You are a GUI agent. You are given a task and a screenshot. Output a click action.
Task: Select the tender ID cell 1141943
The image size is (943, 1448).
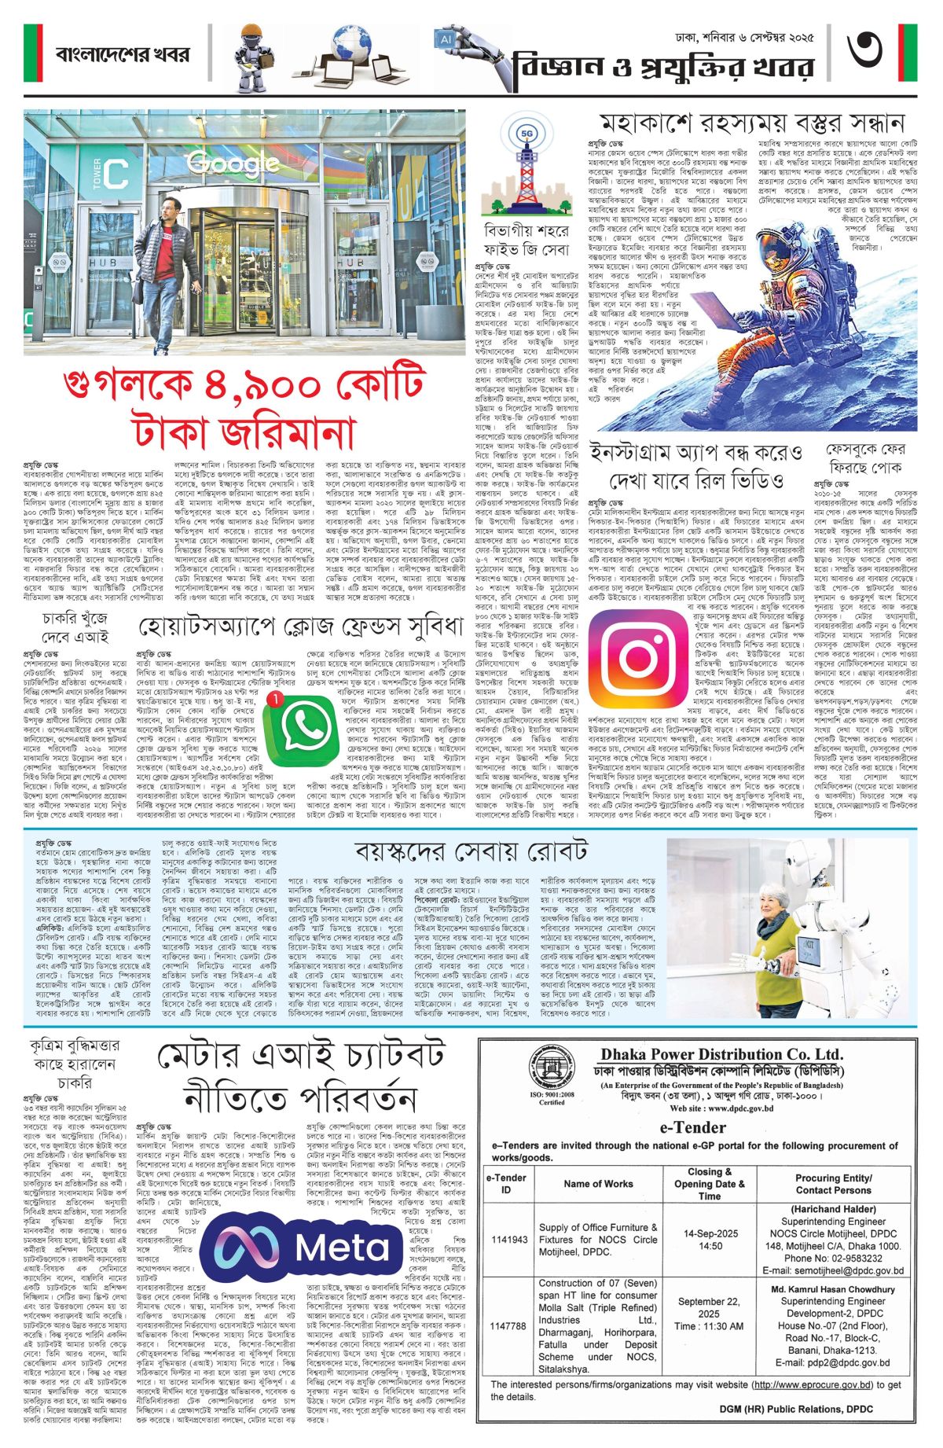[509, 1239]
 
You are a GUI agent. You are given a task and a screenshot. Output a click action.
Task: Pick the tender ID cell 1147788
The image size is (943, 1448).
[509, 1326]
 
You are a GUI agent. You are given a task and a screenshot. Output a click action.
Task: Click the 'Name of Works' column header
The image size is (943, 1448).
[598, 1183]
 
